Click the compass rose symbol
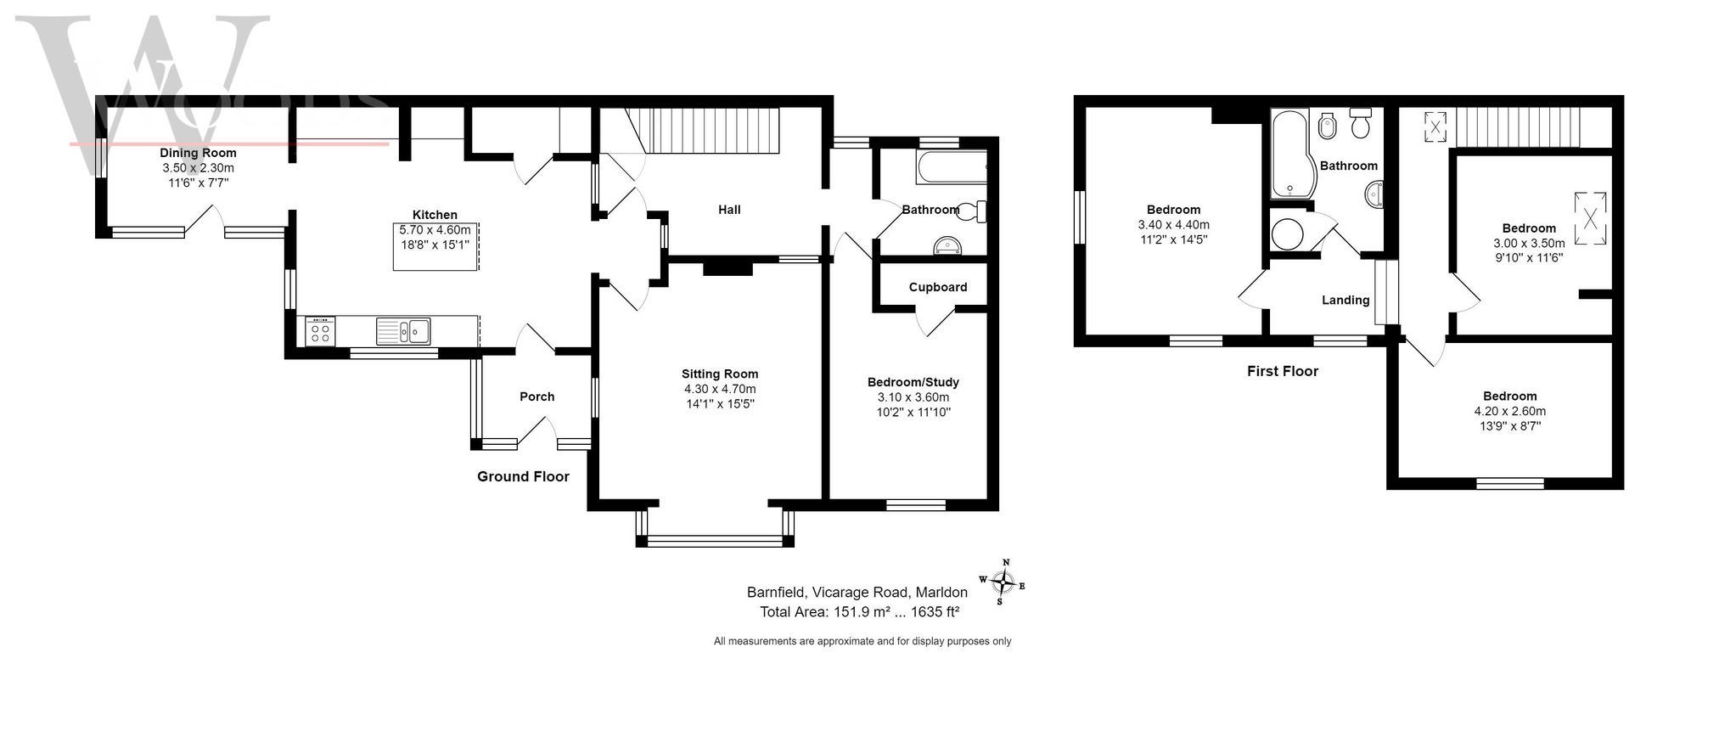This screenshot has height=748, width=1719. coord(1003,582)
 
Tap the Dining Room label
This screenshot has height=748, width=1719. coord(198,153)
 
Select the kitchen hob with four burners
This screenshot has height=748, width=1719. coord(320,330)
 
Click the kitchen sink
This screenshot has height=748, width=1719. coord(404,330)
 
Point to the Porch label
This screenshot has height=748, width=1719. coord(536,396)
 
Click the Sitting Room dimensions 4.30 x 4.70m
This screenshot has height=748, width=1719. coord(720,389)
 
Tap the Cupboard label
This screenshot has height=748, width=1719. coord(938,287)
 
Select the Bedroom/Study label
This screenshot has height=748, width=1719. coord(913,382)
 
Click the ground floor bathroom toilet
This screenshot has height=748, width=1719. coord(973,211)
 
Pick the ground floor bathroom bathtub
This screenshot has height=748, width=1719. coord(952,167)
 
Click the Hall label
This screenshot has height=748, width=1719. coord(729,210)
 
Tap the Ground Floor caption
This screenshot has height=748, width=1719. coord(523,476)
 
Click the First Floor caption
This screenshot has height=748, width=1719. coord(1283,371)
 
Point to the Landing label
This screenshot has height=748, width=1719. coord(1345,300)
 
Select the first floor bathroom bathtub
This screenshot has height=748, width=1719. coord(1289,154)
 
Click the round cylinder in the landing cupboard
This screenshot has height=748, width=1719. coord(1288,234)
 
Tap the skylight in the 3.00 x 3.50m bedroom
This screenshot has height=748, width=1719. coord(1590,218)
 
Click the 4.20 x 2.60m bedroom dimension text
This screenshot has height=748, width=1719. coord(1510,411)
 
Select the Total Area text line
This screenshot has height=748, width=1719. coord(859,611)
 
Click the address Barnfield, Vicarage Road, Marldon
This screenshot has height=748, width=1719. coord(857,592)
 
